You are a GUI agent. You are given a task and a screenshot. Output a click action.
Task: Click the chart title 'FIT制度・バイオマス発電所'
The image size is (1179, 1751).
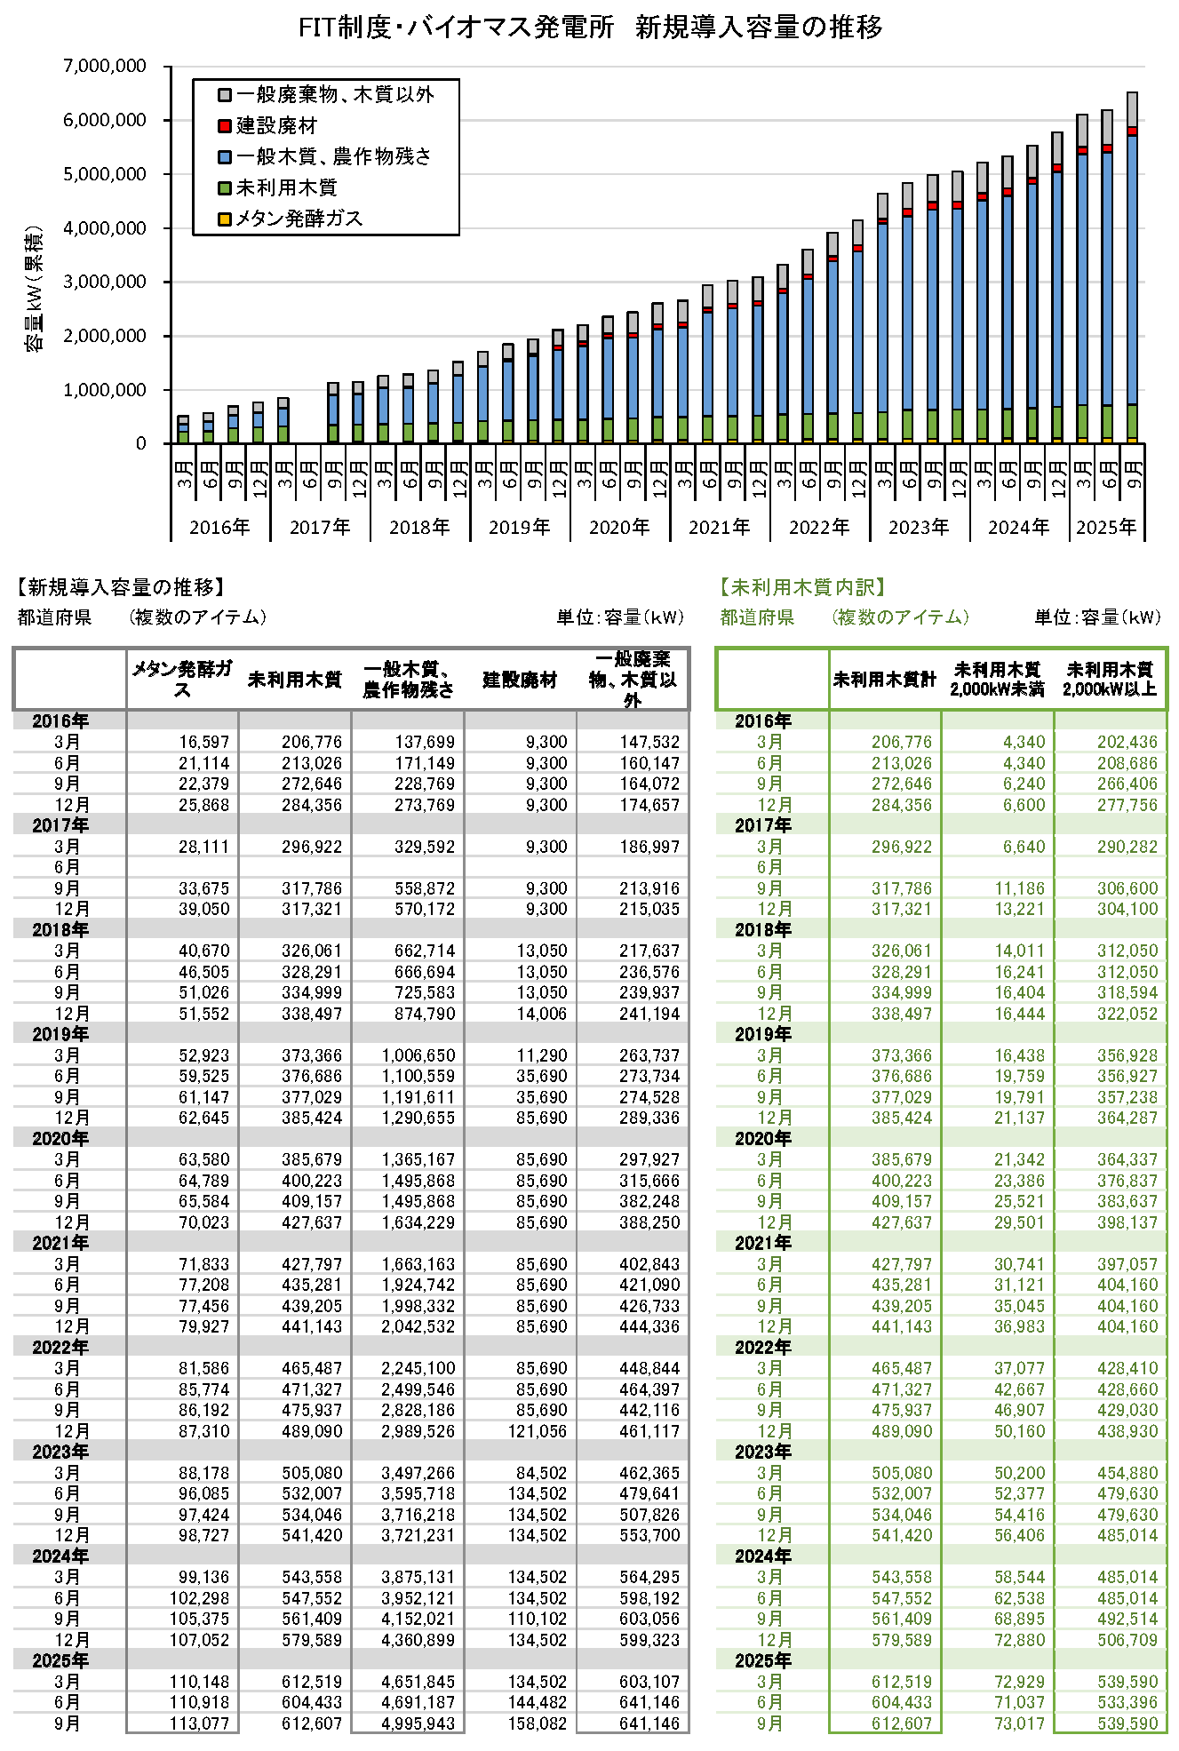point(456,28)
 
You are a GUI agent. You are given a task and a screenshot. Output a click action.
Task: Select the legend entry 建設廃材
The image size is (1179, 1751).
point(275,126)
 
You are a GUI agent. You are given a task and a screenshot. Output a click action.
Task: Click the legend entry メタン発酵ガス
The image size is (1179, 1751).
point(299,219)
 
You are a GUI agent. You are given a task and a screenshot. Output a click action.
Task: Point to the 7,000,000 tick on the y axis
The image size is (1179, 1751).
point(105,67)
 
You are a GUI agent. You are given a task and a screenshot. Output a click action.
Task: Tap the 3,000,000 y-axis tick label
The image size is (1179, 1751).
point(105,283)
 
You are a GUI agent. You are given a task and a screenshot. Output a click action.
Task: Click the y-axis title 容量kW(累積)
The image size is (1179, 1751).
point(34,289)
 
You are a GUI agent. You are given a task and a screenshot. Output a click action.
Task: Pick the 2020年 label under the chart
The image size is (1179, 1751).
point(618,528)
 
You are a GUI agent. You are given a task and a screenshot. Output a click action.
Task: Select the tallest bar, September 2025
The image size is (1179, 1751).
point(1132,267)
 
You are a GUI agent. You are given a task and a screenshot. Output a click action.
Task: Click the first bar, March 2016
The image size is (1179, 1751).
point(183,430)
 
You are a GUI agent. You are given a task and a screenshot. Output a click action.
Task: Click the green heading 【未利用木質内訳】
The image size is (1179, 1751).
point(802,587)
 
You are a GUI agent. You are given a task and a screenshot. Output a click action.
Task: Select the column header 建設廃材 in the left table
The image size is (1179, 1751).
point(520,681)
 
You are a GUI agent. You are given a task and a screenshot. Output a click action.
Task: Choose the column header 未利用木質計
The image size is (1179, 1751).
point(885,681)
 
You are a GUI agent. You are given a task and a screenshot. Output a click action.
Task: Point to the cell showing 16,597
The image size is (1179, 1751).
point(203,742)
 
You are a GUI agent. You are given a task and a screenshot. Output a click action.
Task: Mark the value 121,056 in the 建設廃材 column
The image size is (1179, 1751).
point(537,1431)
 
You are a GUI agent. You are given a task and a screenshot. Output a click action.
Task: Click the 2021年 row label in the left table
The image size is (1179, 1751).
point(60,1243)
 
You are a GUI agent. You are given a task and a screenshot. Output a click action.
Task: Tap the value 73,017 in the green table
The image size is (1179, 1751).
point(1019,1723)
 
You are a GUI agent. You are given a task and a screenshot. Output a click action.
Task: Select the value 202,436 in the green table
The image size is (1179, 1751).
point(1127,742)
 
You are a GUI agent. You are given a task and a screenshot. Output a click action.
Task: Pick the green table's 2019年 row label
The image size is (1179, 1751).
point(762,1034)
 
